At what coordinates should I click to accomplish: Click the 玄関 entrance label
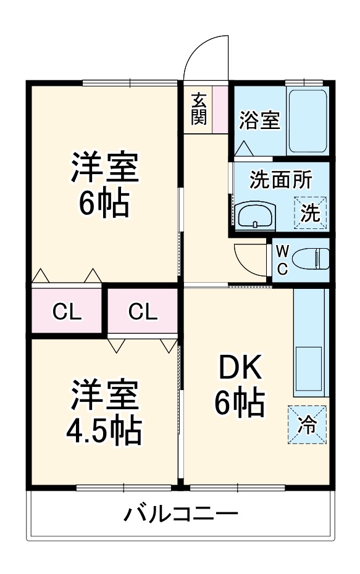point(198,109)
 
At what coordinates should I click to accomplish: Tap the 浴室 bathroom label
point(260,120)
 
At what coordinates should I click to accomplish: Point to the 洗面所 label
point(280,180)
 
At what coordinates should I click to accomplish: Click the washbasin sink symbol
point(254,215)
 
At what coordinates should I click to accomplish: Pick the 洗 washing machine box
point(310,213)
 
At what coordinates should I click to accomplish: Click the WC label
point(282,260)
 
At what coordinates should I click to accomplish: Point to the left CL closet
point(67,312)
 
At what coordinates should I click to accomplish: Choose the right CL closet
point(143,312)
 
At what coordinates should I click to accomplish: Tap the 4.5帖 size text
point(104,431)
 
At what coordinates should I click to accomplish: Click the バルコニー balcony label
point(180,514)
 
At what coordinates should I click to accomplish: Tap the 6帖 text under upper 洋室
point(104,203)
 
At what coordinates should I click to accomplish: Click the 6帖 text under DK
point(239,404)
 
